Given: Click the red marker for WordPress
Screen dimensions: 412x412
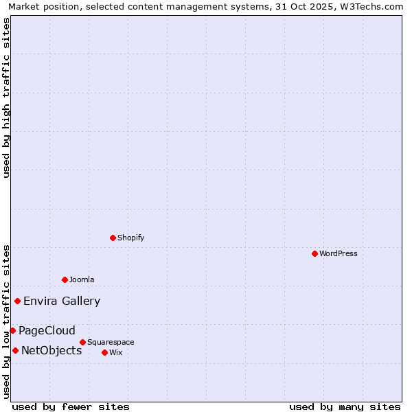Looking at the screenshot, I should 314,253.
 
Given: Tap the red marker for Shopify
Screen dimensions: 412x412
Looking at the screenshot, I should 113,238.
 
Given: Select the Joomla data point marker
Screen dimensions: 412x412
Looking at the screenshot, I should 65,279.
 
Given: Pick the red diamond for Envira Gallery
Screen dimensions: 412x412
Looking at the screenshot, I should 17,301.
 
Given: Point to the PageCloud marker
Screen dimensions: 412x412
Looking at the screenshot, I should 12,330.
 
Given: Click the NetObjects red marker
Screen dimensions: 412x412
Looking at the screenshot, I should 15,350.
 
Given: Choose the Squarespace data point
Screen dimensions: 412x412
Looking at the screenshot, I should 82,342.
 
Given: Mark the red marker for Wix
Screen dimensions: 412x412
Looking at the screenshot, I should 104,352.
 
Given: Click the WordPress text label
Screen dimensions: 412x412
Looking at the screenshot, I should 339,253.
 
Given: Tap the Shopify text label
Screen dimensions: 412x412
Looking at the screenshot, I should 130,238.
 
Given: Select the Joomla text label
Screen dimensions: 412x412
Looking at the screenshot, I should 82,279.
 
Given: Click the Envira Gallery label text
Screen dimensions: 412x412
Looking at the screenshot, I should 62,301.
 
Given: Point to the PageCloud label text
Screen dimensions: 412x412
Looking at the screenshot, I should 47,330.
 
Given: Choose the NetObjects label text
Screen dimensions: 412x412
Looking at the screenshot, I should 51,350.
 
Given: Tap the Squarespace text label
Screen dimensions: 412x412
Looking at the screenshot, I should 111,342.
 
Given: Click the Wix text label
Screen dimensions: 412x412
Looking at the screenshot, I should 115,352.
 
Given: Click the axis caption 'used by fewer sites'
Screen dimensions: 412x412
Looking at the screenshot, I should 71,407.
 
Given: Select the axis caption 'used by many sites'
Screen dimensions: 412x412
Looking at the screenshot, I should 345,407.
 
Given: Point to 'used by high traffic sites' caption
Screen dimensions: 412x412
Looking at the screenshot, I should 6,98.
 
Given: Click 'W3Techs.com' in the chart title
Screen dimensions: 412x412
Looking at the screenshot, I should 374,6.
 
